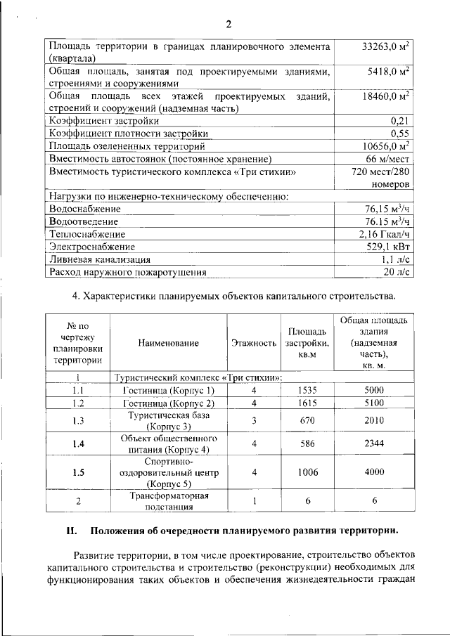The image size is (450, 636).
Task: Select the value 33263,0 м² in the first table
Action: [386, 47]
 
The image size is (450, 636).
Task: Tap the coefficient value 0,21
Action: [400, 120]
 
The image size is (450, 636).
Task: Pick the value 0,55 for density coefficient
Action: [400, 133]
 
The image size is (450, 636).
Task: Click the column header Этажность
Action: [253, 343]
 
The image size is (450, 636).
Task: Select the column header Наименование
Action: [168, 343]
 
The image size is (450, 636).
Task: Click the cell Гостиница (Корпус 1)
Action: [168, 390]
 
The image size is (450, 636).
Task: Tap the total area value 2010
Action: [373, 420]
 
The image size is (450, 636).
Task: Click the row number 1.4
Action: [78, 443]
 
